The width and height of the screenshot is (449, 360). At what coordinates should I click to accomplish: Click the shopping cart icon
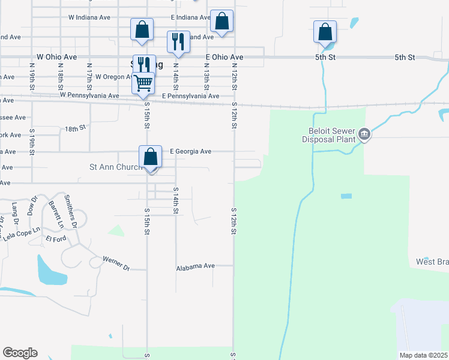[x=143, y=82]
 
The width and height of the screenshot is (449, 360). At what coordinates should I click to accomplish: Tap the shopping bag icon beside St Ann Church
[x=151, y=157]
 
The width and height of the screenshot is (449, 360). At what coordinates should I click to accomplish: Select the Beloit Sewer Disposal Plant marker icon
[x=364, y=136]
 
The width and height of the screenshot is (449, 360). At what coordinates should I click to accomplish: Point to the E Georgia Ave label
[x=191, y=152]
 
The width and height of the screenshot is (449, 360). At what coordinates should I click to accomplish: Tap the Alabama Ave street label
[x=195, y=266]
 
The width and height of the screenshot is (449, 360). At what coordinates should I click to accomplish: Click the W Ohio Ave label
[x=56, y=57]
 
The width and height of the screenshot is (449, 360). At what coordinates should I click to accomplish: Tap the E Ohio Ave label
[x=224, y=57]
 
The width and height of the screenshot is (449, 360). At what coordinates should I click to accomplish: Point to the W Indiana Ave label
[x=89, y=17]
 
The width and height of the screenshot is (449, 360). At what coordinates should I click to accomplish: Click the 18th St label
[x=76, y=128]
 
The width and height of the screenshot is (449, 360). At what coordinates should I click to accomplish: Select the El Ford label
[x=56, y=239]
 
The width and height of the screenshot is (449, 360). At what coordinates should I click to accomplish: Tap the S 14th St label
[x=176, y=200]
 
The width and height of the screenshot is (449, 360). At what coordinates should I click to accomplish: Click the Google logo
[x=20, y=353]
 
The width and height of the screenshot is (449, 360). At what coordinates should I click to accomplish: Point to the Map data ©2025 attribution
[x=423, y=355]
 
